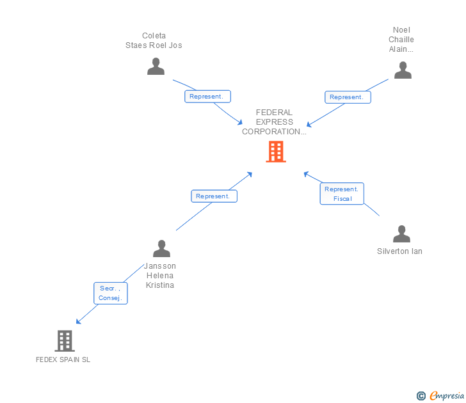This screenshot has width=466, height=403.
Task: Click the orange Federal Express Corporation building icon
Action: point(276,152)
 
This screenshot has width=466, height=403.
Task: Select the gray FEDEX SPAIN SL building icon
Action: point(65,341)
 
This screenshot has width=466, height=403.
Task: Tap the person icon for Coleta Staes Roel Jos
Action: point(156,67)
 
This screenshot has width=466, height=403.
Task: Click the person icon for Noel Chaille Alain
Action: point(403,70)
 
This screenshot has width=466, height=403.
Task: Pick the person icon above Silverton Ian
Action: point(401,233)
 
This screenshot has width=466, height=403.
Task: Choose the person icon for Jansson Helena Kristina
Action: point(161,248)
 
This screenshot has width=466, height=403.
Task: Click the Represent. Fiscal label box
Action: point(342,194)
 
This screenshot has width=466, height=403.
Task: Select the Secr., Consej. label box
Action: point(111,293)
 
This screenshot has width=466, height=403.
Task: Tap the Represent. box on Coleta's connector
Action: point(207,97)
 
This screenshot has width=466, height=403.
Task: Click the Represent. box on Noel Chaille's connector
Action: point(348,97)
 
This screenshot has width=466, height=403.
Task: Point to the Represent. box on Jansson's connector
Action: point(214,196)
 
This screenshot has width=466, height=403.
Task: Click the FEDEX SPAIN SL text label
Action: point(63,360)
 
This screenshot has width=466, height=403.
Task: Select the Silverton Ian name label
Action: point(399,251)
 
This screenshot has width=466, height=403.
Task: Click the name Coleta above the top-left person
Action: point(154,36)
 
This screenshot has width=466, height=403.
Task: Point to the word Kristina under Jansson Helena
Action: point(160,285)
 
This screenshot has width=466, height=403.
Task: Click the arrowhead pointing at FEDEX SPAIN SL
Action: point(78,322)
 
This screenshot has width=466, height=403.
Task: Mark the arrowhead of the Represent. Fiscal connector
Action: point(306,174)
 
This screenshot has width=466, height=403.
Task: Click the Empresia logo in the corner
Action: point(447,396)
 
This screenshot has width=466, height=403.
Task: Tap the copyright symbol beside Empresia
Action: point(421,396)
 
